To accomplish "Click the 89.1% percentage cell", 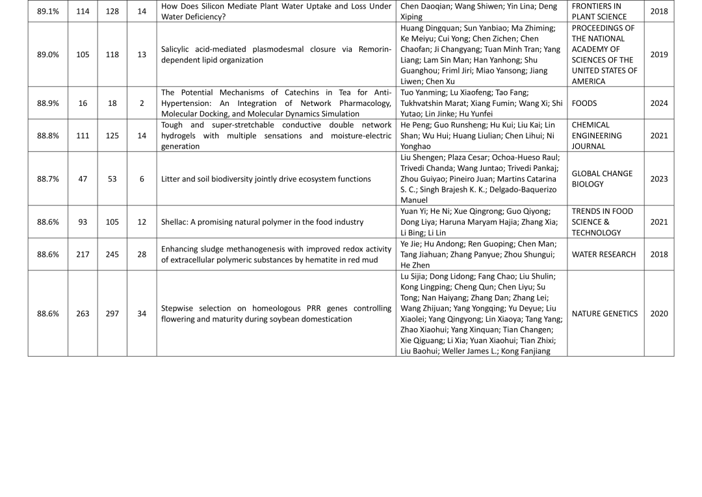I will (x=47, y=12).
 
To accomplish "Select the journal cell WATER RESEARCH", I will (x=604, y=254).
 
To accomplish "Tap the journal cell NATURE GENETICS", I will (x=604, y=313).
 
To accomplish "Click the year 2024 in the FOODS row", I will (x=658, y=103).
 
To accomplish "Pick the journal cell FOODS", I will (x=584, y=103).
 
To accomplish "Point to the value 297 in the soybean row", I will (x=112, y=313).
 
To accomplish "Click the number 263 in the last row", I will (x=83, y=313).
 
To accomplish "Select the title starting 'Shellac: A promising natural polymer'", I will (x=262, y=222).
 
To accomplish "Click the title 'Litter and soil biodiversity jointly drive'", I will (x=266, y=179).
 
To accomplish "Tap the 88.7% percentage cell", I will (x=47, y=179).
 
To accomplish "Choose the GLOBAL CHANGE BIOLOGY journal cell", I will (x=602, y=179).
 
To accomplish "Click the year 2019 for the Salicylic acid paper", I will (x=658, y=55).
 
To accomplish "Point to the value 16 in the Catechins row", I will (x=83, y=103).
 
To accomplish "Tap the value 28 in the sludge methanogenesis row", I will (x=142, y=254).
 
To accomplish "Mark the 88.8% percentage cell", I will (x=47, y=136).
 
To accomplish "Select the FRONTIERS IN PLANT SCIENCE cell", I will (x=599, y=12).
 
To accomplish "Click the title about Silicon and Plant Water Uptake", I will (x=276, y=12).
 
